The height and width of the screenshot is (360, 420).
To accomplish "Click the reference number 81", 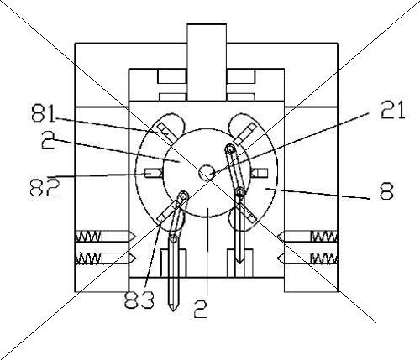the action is coord(43,113).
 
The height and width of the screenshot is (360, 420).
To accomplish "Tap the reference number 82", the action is coord(45,187).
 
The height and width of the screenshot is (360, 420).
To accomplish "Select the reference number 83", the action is coord(139,299).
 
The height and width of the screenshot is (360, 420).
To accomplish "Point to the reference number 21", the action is coord(392,110).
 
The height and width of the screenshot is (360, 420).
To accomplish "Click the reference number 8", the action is coord(386,190).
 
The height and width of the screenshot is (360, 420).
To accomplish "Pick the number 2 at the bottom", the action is coord(201,309).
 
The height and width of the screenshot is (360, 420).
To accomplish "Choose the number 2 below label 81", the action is coord(48,140).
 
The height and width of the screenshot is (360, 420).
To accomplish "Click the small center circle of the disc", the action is coord(207,173).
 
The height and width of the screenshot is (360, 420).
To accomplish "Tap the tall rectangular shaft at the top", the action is coord(207,62).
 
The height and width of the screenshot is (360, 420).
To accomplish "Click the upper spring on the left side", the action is coord(89,236).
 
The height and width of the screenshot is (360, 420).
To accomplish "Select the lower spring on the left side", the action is coord(88,258).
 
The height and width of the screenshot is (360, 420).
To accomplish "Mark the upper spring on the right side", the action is coord(324,236).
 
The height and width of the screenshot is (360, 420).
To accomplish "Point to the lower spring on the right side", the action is coord(324,258).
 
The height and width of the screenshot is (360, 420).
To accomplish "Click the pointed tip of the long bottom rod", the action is coord(173,310).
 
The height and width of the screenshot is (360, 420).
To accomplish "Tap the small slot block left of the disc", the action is coord(154,174).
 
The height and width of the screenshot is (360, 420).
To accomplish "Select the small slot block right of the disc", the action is coord(259,174).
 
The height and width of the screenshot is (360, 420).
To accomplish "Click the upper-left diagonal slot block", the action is coord(167,133).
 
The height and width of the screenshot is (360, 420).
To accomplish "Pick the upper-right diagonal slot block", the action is coord(245,134).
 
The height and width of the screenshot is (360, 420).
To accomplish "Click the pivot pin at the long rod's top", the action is coord(174,238).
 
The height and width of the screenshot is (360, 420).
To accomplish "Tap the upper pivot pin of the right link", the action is coord(230,149).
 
